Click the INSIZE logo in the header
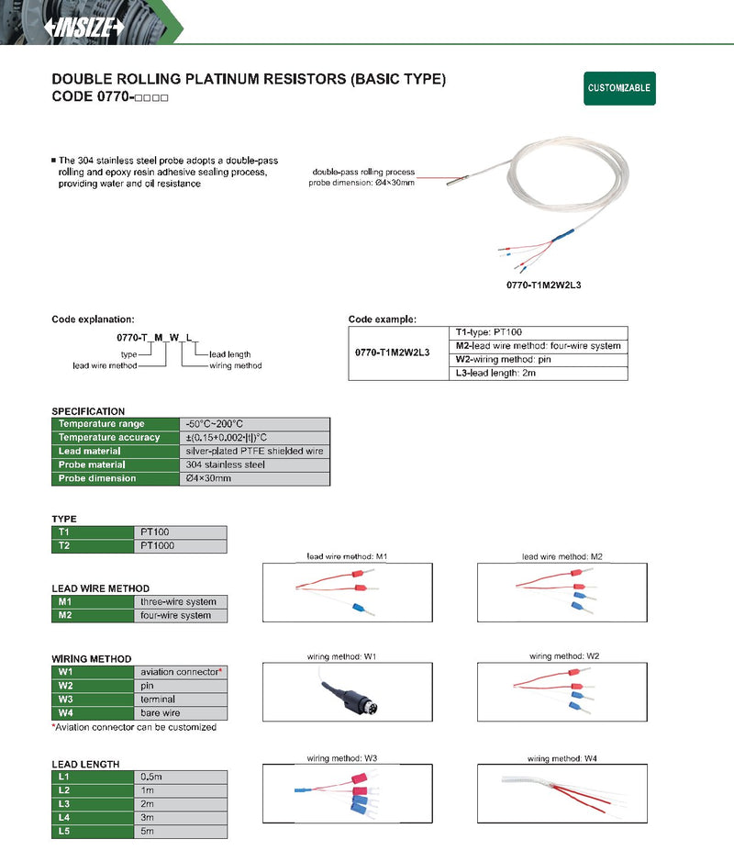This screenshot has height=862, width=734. pyautogui.click(x=84, y=27)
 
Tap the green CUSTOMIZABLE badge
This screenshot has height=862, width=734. pyautogui.click(x=619, y=88)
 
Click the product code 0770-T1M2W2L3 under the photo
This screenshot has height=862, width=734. pyautogui.click(x=543, y=285)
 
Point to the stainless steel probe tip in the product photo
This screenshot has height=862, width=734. pyautogui.click(x=457, y=180)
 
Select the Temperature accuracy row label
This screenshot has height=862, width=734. pyautogui.click(x=116, y=438)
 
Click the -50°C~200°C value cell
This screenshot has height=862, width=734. pyautogui.click(x=255, y=424)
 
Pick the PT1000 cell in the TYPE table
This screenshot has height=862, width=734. pyautogui.click(x=180, y=546)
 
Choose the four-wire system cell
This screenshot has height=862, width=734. pyautogui.click(x=180, y=616)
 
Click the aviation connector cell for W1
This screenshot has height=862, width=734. pyautogui.click(x=180, y=672)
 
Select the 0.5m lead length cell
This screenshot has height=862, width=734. pyautogui.click(x=180, y=777)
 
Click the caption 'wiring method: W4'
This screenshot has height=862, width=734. pyautogui.click(x=562, y=758)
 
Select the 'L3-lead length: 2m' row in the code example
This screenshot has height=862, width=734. pyautogui.click(x=539, y=374)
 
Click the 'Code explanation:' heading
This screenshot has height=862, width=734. pyautogui.click(x=93, y=319)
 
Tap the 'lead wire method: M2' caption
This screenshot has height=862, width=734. pyautogui.click(x=562, y=557)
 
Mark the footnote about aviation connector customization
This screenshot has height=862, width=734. pyautogui.click(x=134, y=727)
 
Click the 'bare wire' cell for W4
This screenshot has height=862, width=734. pyautogui.click(x=180, y=713)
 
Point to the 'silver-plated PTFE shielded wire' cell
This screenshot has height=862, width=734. pyautogui.click(x=255, y=452)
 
